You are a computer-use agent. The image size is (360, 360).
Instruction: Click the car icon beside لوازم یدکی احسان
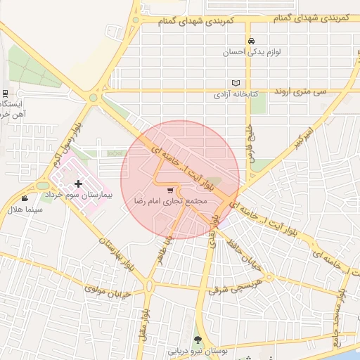click(251, 41)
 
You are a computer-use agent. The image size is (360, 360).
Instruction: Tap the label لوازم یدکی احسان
click(251, 52)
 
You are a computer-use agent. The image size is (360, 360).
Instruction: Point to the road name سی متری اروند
click(302, 91)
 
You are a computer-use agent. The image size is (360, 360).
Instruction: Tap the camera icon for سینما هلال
click(25, 199)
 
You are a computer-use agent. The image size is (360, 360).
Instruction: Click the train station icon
click(6, 94)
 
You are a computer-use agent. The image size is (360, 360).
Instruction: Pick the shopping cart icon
click(169, 191)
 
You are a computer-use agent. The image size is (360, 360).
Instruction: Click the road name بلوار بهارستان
click(117, 254)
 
